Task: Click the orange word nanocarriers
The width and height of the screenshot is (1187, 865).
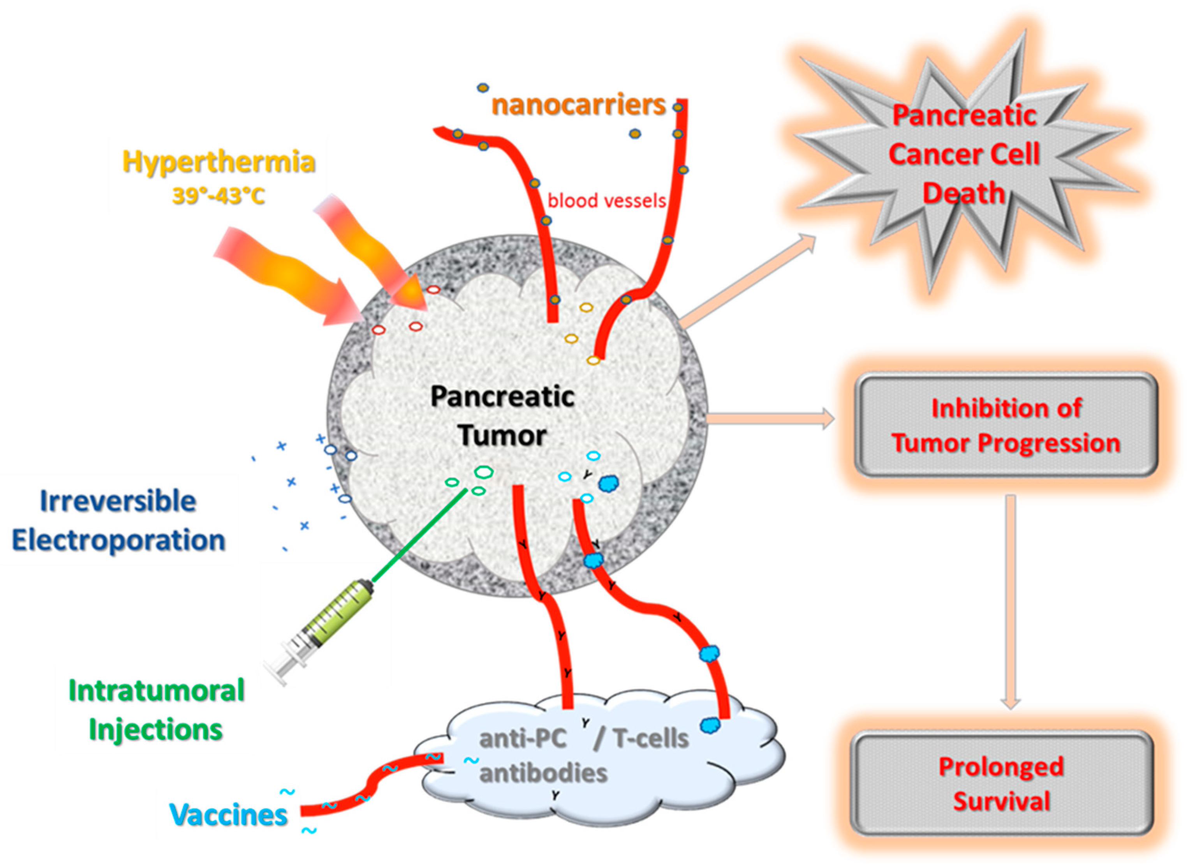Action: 578,105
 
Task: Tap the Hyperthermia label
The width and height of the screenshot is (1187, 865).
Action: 219,161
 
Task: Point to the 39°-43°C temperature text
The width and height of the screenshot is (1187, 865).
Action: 219,196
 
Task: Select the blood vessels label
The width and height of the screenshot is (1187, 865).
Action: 607,201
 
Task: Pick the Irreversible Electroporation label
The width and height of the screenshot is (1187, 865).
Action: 118,521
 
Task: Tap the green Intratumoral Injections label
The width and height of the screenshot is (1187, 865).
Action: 156,710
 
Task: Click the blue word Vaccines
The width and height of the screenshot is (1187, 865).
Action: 229,815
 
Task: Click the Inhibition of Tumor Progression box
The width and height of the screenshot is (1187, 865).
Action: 1006,425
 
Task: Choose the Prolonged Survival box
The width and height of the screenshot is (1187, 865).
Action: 1001,784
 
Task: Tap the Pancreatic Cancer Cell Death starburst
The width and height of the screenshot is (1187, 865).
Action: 965,154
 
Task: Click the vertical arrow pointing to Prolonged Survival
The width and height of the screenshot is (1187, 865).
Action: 1011,602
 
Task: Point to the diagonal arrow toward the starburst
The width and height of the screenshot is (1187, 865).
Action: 748,281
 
